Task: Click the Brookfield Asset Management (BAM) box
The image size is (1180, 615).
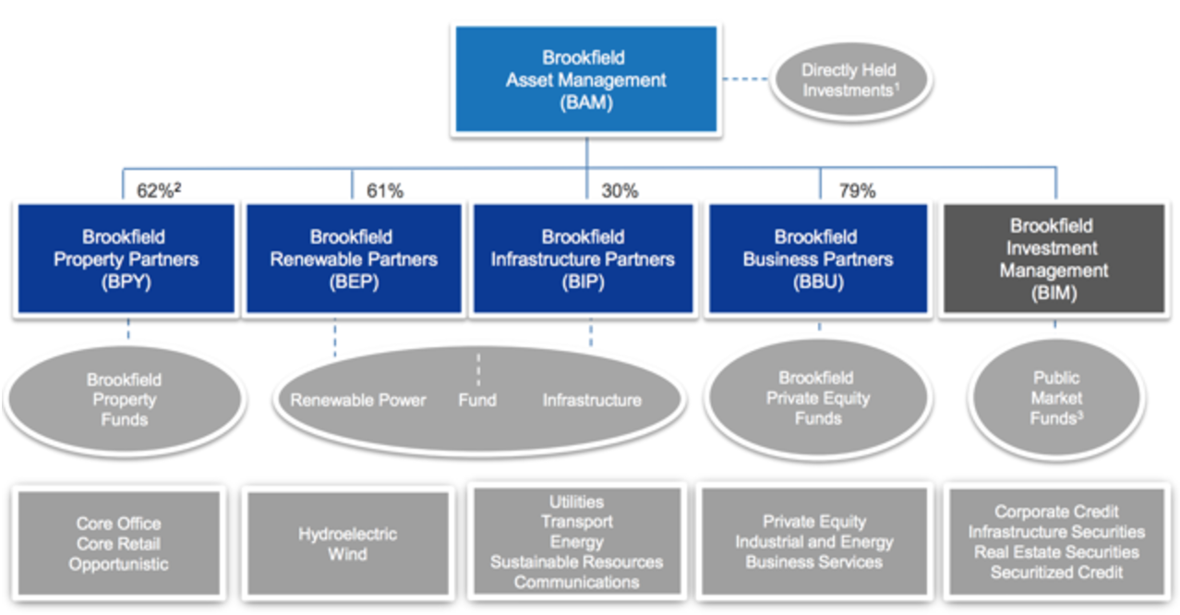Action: (x=585, y=79)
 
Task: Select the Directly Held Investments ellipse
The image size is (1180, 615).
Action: (x=850, y=80)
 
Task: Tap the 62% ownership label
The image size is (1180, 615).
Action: (x=159, y=190)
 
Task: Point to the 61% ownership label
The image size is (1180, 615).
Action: (x=385, y=190)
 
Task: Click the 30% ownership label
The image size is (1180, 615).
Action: (x=620, y=190)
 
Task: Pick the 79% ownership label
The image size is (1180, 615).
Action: (x=857, y=190)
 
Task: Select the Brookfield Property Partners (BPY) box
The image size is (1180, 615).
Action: (x=126, y=259)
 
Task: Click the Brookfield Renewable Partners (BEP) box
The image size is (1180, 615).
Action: (x=354, y=259)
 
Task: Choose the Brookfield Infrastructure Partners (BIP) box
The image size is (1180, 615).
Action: (x=584, y=259)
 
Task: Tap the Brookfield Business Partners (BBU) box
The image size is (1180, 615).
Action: (x=817, y=259)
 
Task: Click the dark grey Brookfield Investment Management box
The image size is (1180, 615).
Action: (x=1054, y=259)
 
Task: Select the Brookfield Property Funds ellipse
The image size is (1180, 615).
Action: (x=125, y=400)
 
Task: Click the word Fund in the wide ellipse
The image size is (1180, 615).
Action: (x=477, y=400)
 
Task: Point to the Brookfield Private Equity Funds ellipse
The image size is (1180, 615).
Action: (x=817, y=398)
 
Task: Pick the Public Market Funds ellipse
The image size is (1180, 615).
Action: (x=1055, y=398)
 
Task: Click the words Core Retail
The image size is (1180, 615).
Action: (x=118, y=544)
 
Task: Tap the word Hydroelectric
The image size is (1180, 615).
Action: (x=348, y=534)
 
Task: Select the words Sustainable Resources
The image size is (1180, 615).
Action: (x=577, y=562)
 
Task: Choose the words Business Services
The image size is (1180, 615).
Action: (x=813, y=562)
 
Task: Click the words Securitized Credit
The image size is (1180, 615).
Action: (x=1056, y=573)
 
